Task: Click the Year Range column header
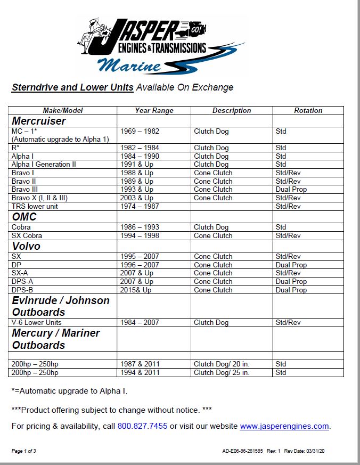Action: click(x=154, y=111)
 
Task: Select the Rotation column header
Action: click(x=308, y=111)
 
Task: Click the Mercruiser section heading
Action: click(x=39, y=121)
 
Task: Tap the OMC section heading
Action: click(x=24, y=217)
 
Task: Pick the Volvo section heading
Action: click(x=26, y=247)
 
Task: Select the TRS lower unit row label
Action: click(x=35, y=206)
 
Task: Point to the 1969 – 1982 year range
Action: click(x=140, y=131)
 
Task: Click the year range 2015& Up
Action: click(x=136, y=290)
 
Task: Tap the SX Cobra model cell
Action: click(x=27, y=235)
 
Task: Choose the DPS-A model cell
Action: click(x=22, y=281)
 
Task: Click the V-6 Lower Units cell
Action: click(x=36, y=322)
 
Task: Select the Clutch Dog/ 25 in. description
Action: click(x=222, y=372)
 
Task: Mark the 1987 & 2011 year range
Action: click(x=140, y=364)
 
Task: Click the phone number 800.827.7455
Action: click(x=142, y=426)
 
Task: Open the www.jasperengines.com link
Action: click(x=284, y=426)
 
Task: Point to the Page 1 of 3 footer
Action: click(x=24, y=451)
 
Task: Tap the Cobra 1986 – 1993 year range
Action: click(x=140, y=227)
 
